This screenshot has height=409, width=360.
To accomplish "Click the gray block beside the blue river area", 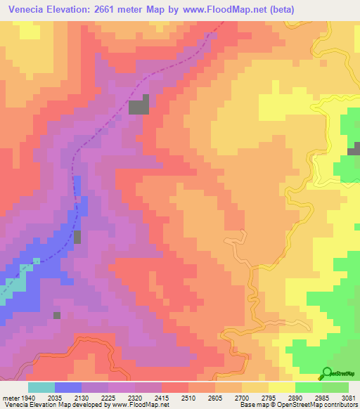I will (77, 238).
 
